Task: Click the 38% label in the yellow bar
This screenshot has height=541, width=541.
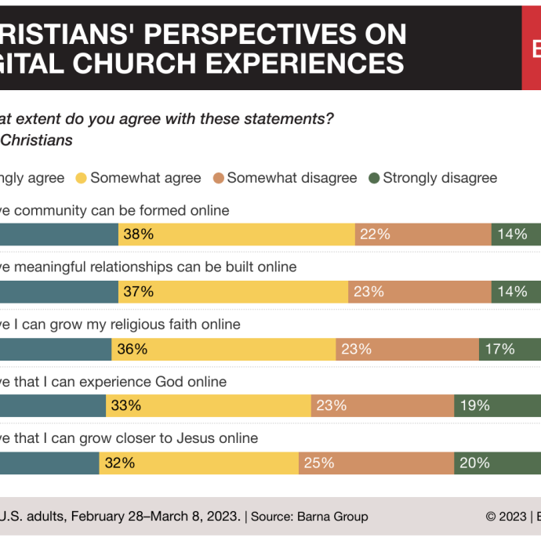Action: (138, 234)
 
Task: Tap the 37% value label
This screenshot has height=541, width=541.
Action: (138, 292)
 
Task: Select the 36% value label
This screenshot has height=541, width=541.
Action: (132, 349)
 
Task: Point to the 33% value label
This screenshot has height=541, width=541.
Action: (125, 405)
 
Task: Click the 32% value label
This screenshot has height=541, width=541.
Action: (119, 463)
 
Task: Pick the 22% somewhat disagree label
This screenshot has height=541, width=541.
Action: (375, 234)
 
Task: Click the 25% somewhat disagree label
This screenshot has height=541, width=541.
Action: (319, 463)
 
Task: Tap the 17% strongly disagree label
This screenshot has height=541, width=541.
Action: (499, 349)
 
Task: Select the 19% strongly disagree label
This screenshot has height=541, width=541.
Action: (474, 405)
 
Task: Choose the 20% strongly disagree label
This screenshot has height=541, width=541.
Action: (474, 463)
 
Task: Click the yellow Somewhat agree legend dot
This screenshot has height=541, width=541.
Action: (80, 178)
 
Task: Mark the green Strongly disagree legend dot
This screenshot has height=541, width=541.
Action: (373, 178)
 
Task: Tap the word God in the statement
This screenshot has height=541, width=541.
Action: (170, 382)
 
